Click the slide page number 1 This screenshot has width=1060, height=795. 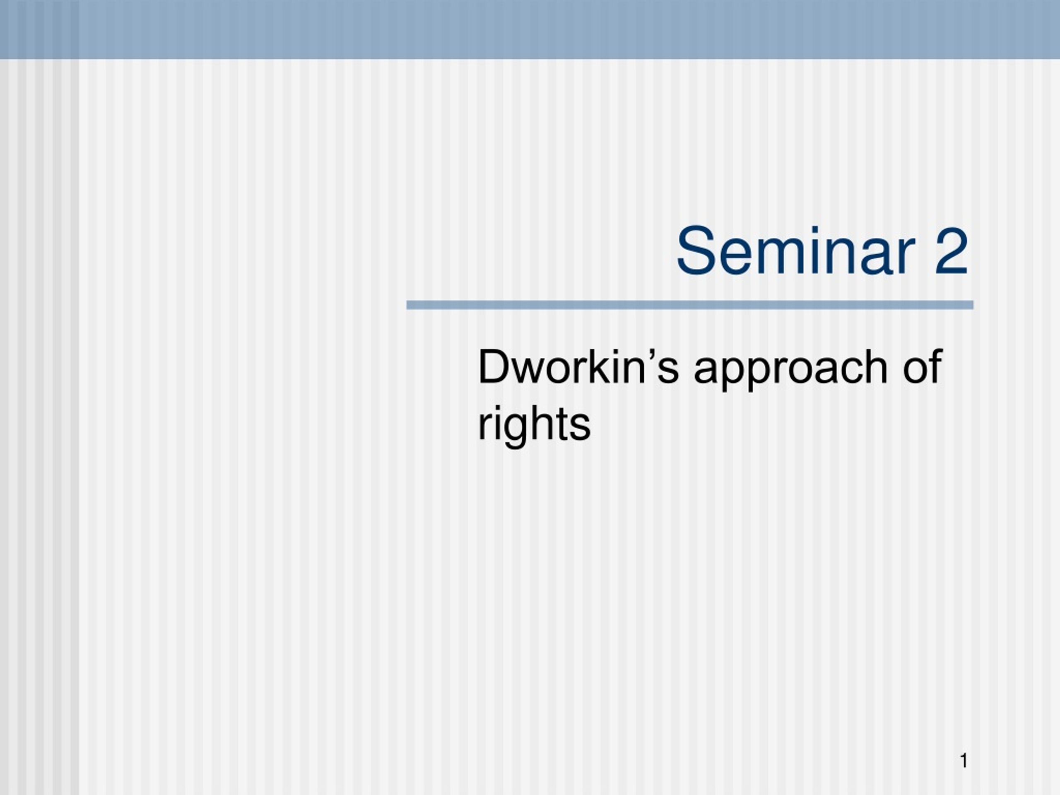964,761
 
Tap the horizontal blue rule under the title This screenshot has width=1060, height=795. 689,305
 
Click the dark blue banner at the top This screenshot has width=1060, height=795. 530,29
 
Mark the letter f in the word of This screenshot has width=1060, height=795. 936,366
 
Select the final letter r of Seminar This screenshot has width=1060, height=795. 904,256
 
